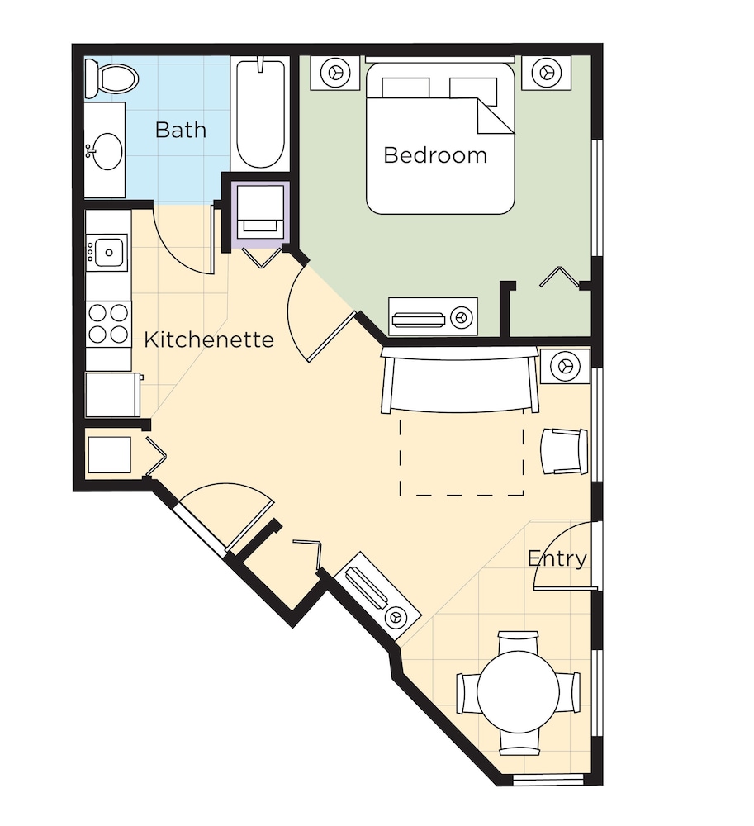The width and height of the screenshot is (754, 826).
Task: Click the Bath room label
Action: (181, 131)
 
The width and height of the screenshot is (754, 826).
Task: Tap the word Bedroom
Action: (435, 155)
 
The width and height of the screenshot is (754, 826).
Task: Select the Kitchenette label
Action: (208, 339)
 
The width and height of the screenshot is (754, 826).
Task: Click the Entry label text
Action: (557, 558)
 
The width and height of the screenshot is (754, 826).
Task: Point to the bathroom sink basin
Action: (107, 151)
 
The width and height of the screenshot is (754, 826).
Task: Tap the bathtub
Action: (261, 114)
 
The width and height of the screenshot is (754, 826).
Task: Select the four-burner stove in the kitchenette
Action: (108, 324)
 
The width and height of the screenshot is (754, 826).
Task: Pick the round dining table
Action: (518, 691)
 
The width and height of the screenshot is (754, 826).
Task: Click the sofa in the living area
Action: (460, 379)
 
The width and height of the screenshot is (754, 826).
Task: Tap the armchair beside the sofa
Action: (564, 452)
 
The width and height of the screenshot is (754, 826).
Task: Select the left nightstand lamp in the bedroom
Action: (335, 72)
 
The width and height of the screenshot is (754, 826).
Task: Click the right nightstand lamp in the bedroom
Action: (546, 71)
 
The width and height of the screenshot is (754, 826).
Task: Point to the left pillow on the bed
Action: (405, 88)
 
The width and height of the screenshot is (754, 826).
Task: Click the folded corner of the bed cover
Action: (496, 116)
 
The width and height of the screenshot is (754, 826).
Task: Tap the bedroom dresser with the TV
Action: (433, 317)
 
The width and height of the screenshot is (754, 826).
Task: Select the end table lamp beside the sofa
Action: (566, 366)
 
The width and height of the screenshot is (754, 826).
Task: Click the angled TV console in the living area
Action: (377, 597)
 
